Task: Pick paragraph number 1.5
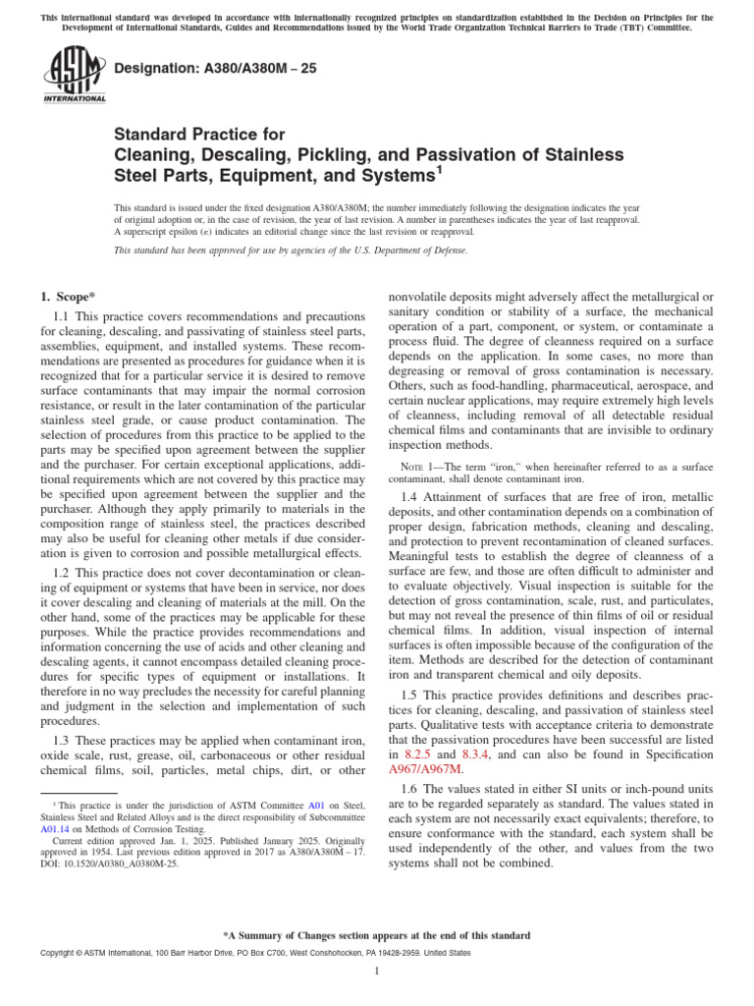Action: click(x=413, y=692)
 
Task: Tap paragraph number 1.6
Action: click(x=413, y=789)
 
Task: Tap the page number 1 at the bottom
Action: click(x=377, y=972)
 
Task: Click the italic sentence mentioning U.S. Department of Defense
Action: click(x=291, y=251)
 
